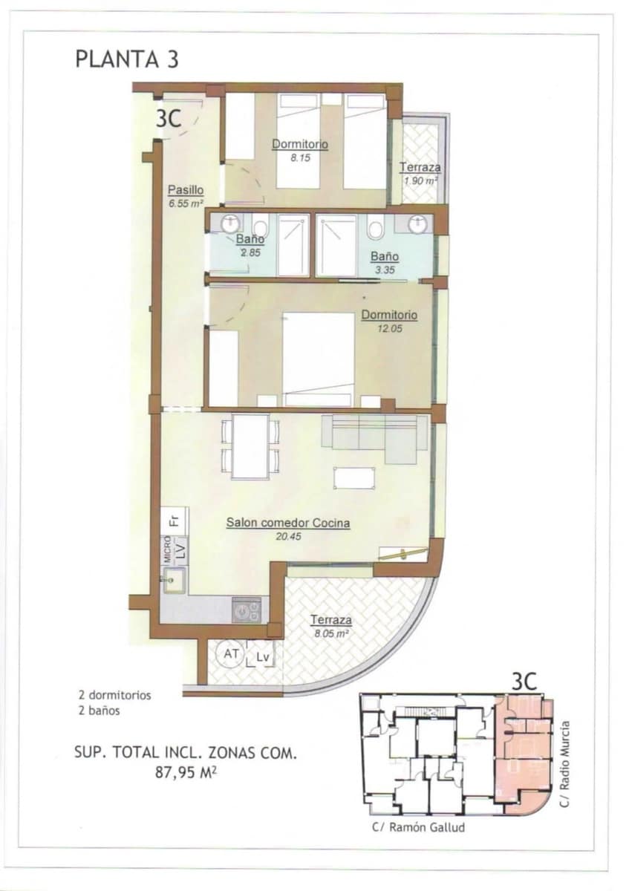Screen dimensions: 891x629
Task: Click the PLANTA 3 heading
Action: point(126,59)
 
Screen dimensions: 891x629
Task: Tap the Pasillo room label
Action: point(185,189)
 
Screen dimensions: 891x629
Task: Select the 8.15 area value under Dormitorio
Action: point(301,157)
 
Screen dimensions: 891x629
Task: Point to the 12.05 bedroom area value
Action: point(389,328)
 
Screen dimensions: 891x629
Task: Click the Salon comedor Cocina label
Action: point(288,523)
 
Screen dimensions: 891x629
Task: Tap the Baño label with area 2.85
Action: point(250,240)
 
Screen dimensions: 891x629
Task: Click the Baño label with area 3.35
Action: point(385,257)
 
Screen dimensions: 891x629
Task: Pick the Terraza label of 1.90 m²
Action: point(420,168)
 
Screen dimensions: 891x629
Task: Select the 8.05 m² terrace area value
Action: point(330,634)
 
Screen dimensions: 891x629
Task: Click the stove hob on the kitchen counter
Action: point(246,610)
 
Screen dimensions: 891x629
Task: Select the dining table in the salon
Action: point(250,446)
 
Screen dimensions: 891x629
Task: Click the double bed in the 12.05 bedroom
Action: point(318,358)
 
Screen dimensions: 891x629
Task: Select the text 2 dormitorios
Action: point(115,696)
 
